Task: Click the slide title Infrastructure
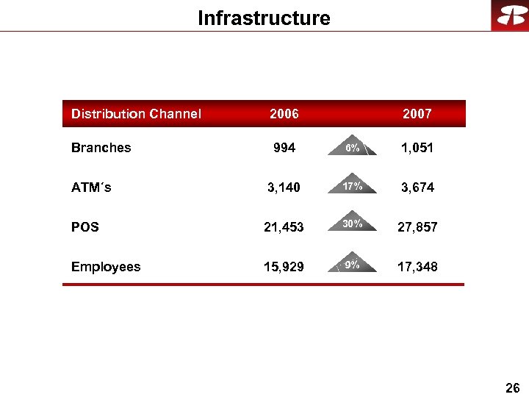tap(264, 18)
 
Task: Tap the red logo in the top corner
tap(510, 15)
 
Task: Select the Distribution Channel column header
tap(136, 114)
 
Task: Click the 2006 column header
tap(284, 114)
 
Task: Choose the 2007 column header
tap(417, 114)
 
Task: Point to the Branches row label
tap(101, 148)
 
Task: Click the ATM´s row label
tap(91, 187)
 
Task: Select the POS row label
tap(85, 227)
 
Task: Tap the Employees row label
tap(106, 267)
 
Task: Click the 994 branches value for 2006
tap(284, 148)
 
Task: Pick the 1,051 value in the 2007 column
tap(417, 148)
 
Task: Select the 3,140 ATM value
tap(284, 187)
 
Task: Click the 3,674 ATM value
tap(417, 187)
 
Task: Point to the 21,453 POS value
tap(284, 227)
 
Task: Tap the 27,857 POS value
tap(417, 227)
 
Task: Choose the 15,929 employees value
tap(284, 267)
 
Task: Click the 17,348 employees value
tap(417, 267)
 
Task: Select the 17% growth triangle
tap(353, 186)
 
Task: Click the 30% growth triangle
tap(353, 224)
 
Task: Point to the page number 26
tap(513, 387)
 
